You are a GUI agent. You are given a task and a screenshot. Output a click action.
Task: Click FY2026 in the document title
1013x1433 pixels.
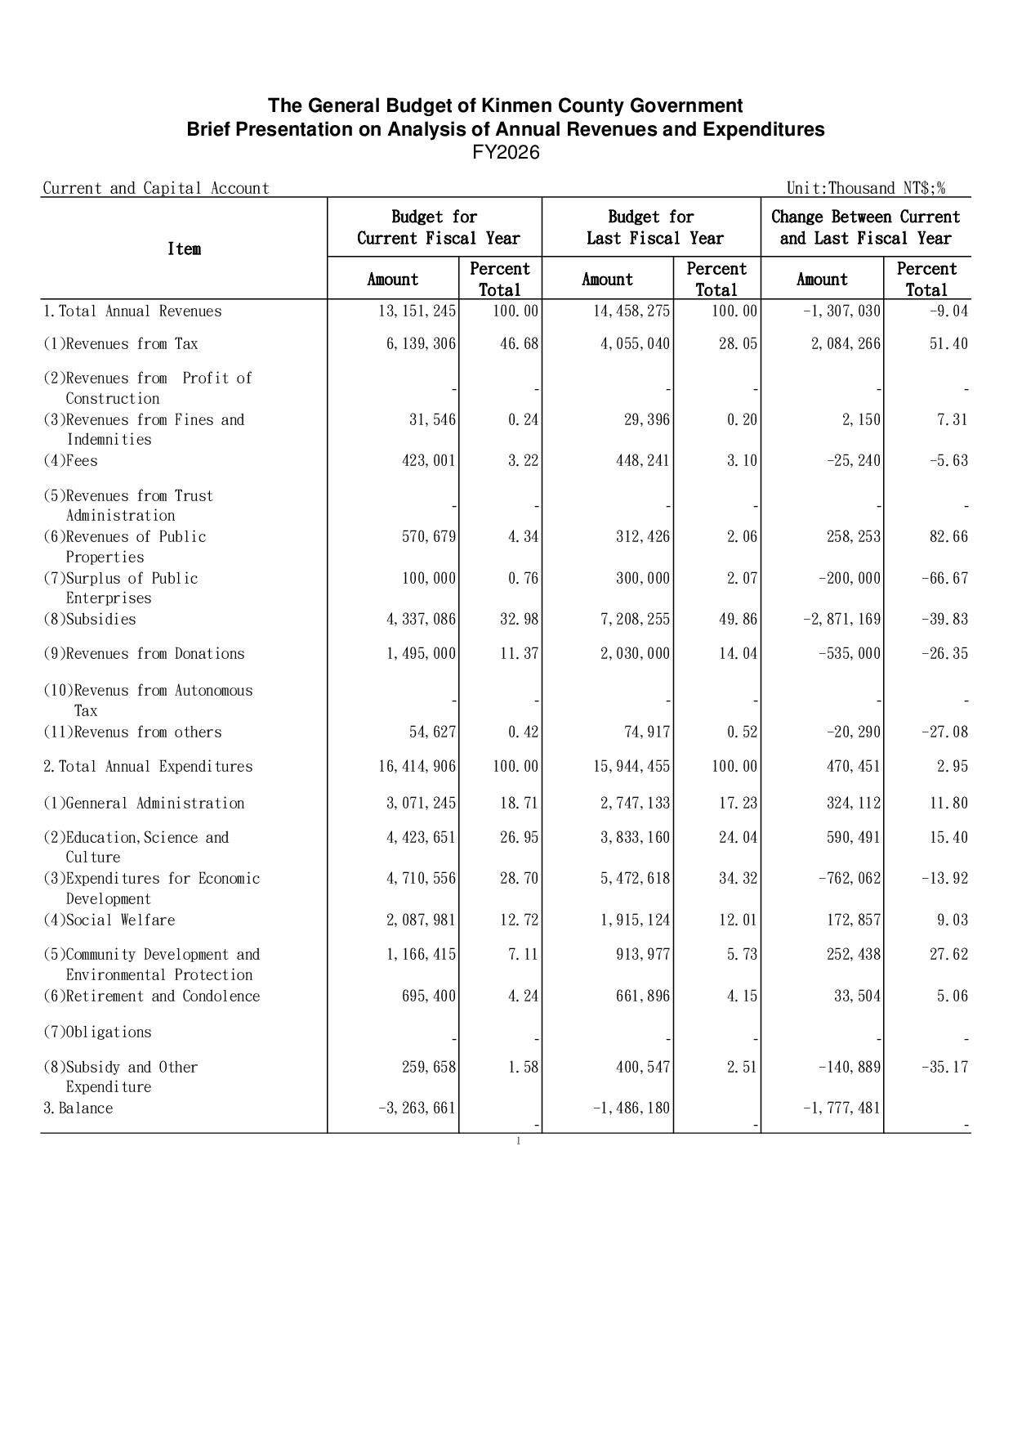[x=506, y=153]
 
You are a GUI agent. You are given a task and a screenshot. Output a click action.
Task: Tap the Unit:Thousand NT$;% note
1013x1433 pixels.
[x=865, y=188]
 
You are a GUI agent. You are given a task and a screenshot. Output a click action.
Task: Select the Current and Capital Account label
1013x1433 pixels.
[x=156, y=188]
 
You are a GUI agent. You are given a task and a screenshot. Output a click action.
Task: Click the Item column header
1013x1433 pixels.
[x=184, y=249]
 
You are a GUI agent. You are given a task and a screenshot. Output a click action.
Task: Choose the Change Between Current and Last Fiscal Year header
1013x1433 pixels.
[x=865, y=227]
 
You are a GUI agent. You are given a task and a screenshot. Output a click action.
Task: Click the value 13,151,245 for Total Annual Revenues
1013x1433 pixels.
[x=417, y=311]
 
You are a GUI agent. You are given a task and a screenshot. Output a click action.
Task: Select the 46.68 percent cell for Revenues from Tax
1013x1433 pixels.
[x=519, y=344]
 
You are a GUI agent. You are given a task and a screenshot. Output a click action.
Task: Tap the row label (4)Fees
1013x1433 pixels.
[x=70, y=461]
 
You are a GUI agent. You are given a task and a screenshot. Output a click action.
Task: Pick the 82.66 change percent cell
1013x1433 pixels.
[x=948, y=537]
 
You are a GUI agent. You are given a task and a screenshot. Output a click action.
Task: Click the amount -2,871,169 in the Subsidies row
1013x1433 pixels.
[x=841, y=620]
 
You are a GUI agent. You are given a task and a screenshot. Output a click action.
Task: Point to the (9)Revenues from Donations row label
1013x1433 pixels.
[x=144, y=654]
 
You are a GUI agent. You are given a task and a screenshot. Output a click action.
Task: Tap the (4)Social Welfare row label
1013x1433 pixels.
[x=109, y=920]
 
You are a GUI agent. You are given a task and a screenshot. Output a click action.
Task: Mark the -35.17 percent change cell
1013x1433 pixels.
[x=948, y=1068]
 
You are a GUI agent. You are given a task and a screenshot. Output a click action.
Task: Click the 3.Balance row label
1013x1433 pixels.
[x=78, y=1108]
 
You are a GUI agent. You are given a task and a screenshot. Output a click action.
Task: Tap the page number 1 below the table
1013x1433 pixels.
[x=518, y=1141]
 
